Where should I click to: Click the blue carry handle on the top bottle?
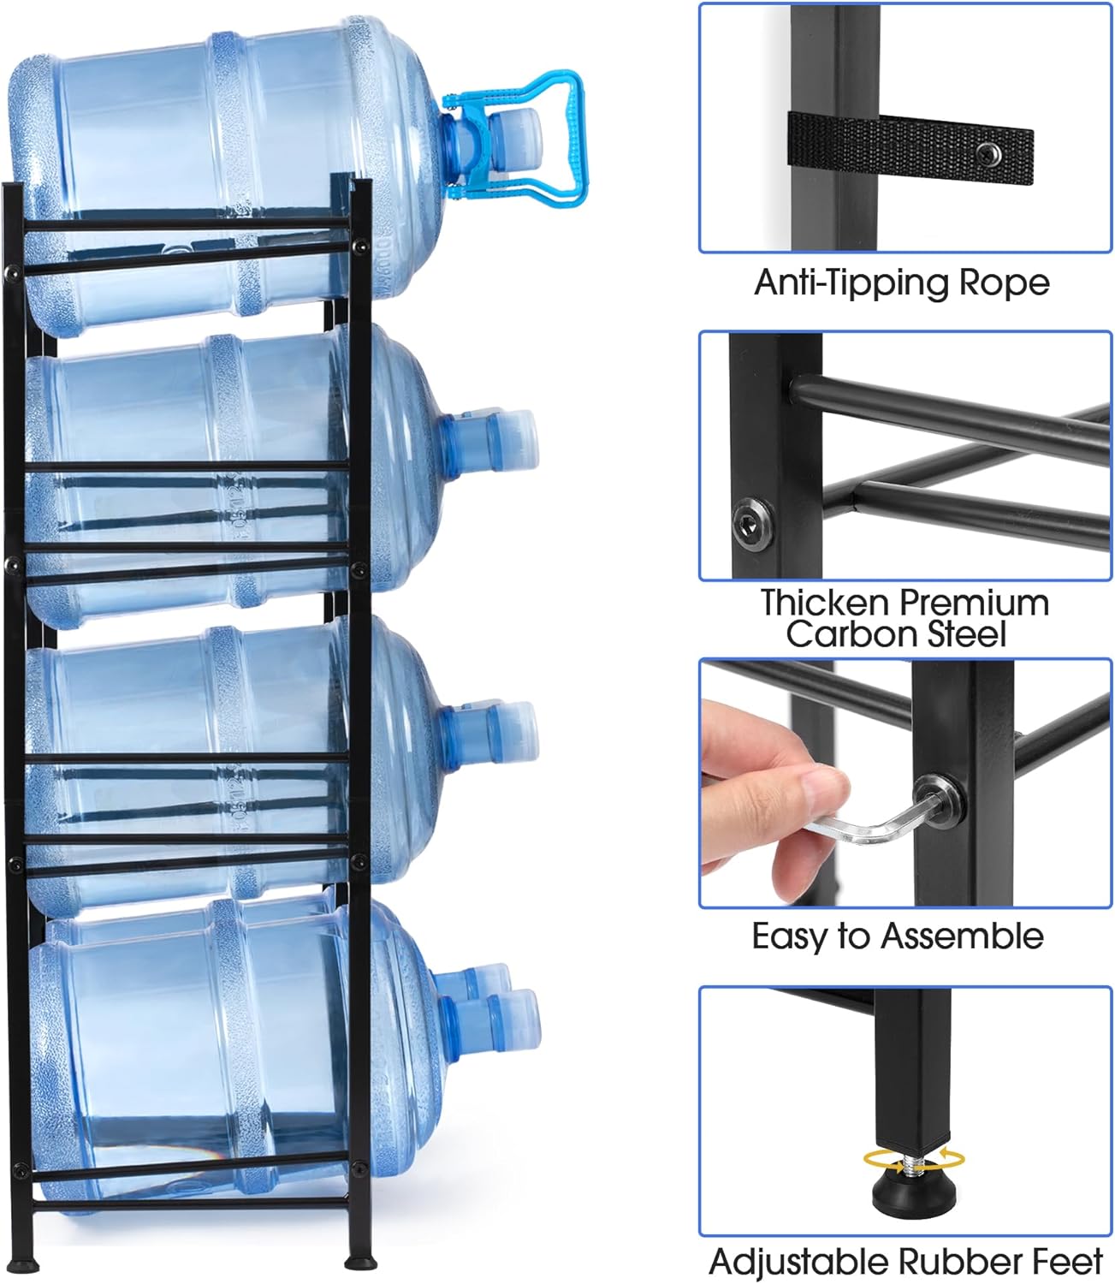point(560,137)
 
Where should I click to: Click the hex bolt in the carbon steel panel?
point(752,525)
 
